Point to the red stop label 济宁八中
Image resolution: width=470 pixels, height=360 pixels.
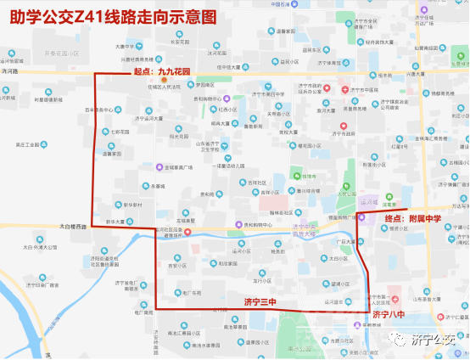coord(389,315)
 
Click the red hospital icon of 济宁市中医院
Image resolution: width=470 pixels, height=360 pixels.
coord(343,89)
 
